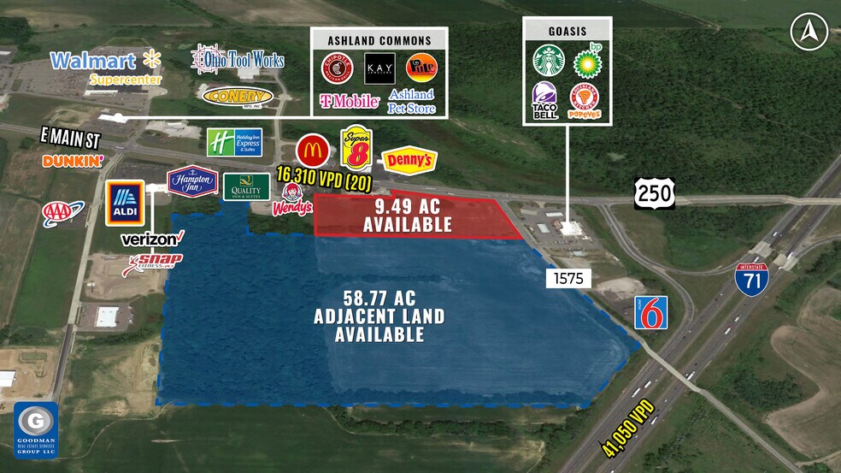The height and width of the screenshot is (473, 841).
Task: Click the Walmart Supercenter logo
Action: coord(105,66)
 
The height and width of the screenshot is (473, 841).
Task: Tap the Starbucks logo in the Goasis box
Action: coord(550,60)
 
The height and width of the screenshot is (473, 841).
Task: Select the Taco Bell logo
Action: coord(545,99)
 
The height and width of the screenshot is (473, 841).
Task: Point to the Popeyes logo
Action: coord(584,100)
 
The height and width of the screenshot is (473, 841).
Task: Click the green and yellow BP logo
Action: coord(585,61)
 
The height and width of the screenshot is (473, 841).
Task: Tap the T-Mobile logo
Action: coord(350,101)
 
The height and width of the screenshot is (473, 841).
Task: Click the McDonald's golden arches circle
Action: coord(313,151)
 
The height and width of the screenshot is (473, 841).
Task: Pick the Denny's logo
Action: coord(409,160)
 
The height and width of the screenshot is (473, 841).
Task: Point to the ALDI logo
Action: coord(125,203)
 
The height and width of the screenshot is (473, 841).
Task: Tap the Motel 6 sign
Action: coord(650,312)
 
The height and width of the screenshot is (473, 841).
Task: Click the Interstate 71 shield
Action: coord(751,279)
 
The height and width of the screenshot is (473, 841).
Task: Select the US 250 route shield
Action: coord(655,193)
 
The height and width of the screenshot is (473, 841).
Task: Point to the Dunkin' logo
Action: coord(73,160)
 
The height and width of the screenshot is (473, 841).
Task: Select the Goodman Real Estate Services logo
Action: coord(36,429)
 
